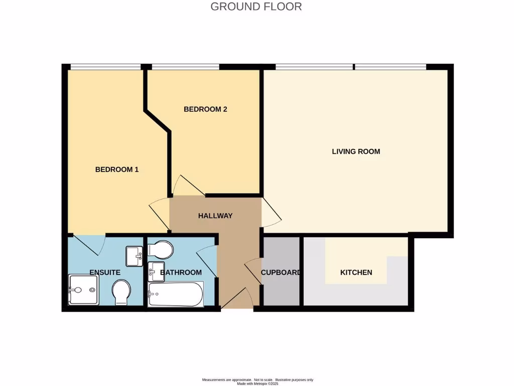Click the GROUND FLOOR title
pyautogui.click(x=256, y=7)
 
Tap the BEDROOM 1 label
pyautogui.click(x=116, y=170)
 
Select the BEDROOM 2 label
pyautogui.click(x=205, y=109)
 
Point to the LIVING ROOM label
pyautogui.click(x=356, y=151)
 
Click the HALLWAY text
pyautogui.click(x=215, y=216)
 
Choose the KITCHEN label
pyautogui.click(x=356, y=272)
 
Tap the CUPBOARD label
pyautogui.click(x=281, y=272)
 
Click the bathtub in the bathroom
pyautogui.click(x=176, y=294)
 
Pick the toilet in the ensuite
pyautogui.click(x=121, y=292)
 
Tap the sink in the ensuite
pyautogui.click(x=135, y=256)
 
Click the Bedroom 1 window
pyautogui.click(x=105, y=66)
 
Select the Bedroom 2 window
pyautogui.click(x=186, y=66)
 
